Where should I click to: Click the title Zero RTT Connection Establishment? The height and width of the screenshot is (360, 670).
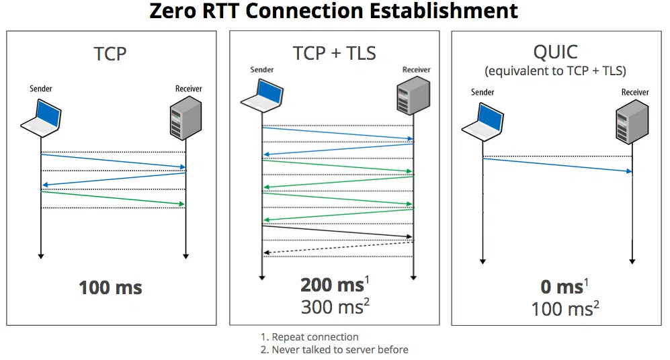(334, 11)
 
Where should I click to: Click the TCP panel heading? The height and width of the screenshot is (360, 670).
(110, 53)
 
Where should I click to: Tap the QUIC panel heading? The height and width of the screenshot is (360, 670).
(558, 51)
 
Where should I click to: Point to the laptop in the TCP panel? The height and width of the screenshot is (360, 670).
(42, 116)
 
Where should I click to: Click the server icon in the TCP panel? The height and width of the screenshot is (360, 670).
(186, 117)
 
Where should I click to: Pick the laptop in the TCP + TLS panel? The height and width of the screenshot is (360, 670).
(262, 93)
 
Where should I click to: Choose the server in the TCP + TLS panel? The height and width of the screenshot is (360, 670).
(412, 95)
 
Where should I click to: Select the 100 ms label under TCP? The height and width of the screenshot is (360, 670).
(110, 288)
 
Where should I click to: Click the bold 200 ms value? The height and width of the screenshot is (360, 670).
(332, 285)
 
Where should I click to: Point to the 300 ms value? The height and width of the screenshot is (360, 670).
(332, 307)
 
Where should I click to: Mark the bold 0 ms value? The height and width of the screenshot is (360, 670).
(562, 287)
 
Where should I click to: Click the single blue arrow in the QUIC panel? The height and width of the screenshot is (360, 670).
(558, 165)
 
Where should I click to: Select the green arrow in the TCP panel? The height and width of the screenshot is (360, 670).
(113, 197)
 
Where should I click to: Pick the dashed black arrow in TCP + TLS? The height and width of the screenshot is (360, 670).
(337, 247)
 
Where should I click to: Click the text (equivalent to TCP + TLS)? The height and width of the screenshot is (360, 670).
(558, 71)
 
